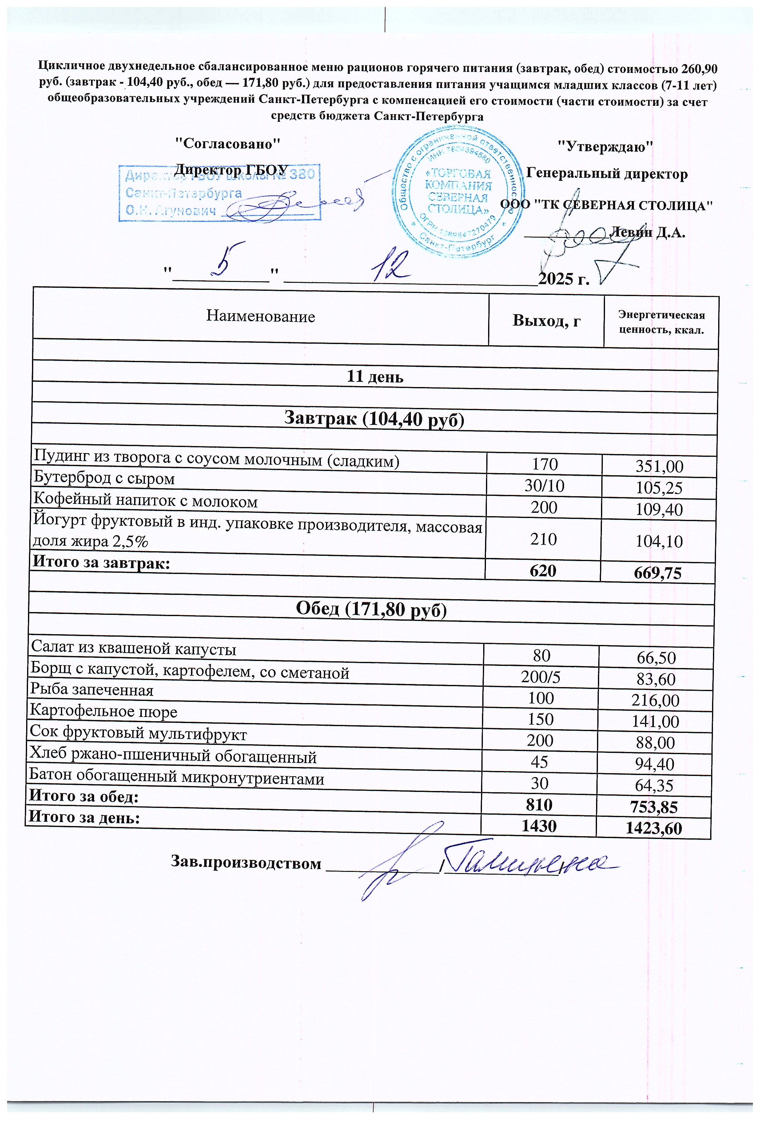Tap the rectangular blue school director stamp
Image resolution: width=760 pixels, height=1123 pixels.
pyautogui.click(x=220, y=192)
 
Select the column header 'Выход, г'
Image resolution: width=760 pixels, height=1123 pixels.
pyautogui.click(x=546, y=321)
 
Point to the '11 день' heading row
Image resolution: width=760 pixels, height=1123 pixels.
pyautogui.click(x=375, y=377)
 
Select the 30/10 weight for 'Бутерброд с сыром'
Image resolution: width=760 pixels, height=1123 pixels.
pyautogui.click(x=544, y=486)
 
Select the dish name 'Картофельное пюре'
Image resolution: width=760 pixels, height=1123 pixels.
pyautogui.click(x=103, y=711)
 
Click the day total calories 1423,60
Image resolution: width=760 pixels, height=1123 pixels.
pyautogui.click(x=654, y=829)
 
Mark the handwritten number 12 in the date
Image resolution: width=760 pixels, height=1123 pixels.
pyautogui.click(x=389, y=266)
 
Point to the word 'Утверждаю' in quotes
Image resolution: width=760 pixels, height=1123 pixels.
pyautogui.click(x=605, y=146)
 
